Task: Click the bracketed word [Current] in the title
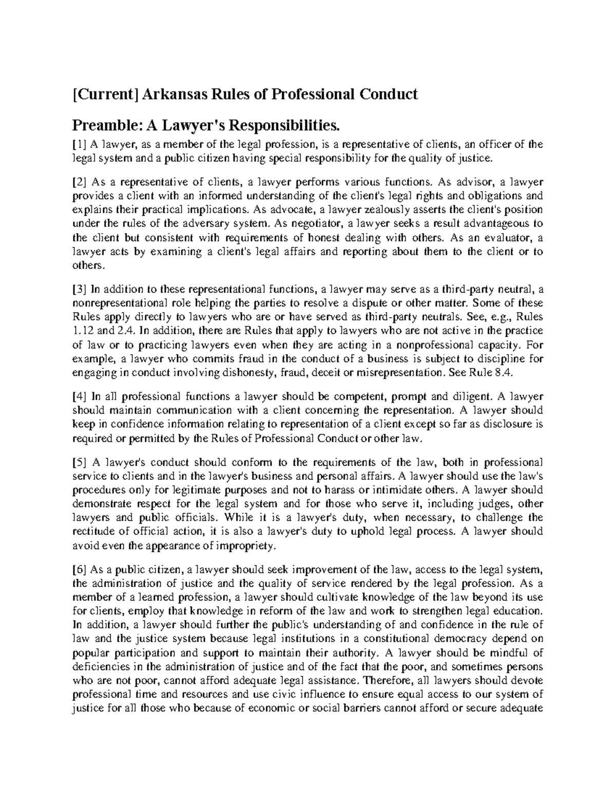(x=105, y=94)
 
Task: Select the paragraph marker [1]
(x=80, y=145)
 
